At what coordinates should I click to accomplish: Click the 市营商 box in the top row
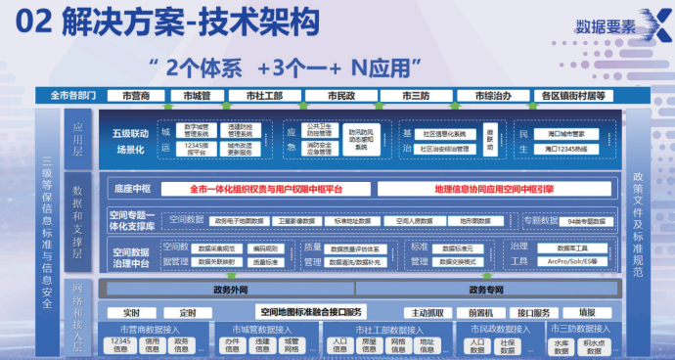(x=135, y=96)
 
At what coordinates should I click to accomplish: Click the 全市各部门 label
(x=68, y=96)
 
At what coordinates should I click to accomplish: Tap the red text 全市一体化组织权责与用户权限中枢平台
(x=265, y=187)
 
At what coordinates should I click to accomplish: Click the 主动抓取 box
(x=427, y=312)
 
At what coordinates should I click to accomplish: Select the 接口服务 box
(x=533, y=312)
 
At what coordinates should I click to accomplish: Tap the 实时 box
(x=132, y=312)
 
